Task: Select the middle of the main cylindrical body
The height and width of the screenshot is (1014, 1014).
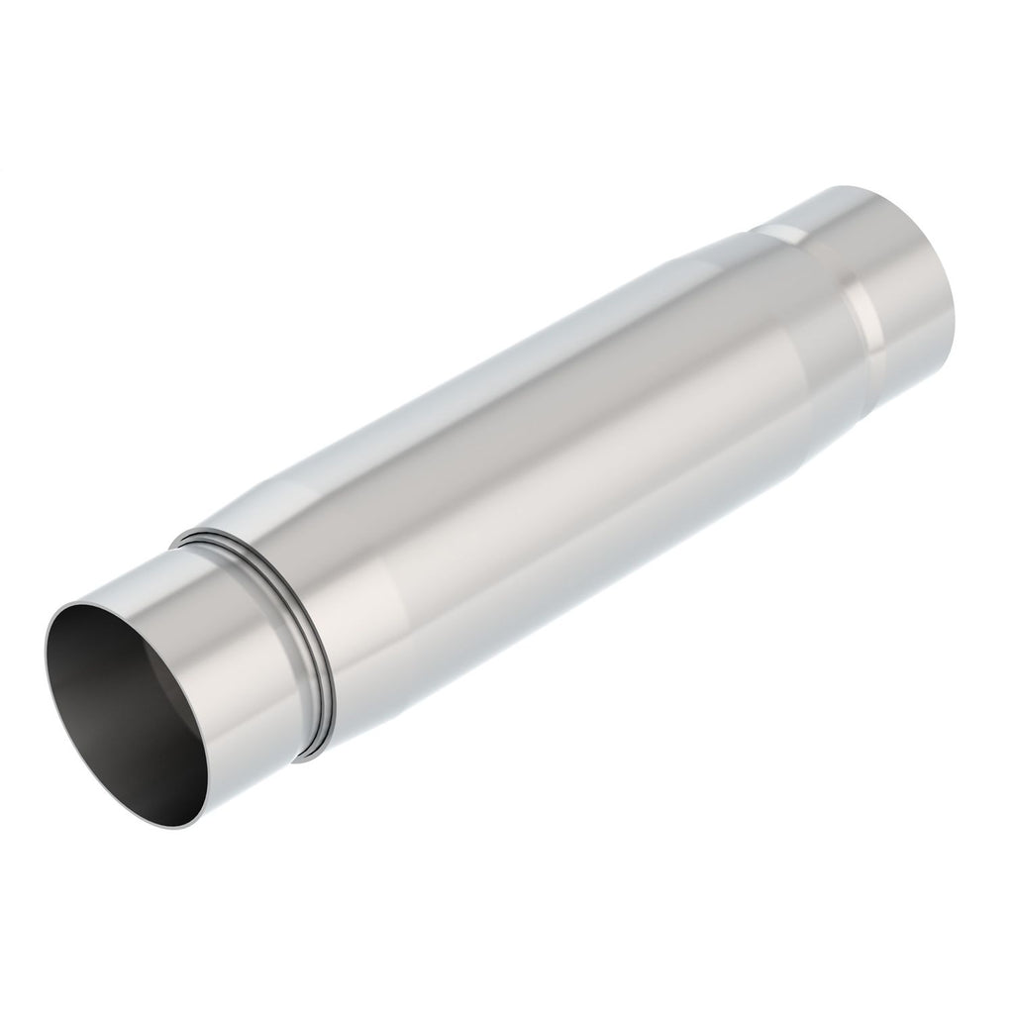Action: point(555,456)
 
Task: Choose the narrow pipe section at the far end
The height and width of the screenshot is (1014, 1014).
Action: point(891,267)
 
